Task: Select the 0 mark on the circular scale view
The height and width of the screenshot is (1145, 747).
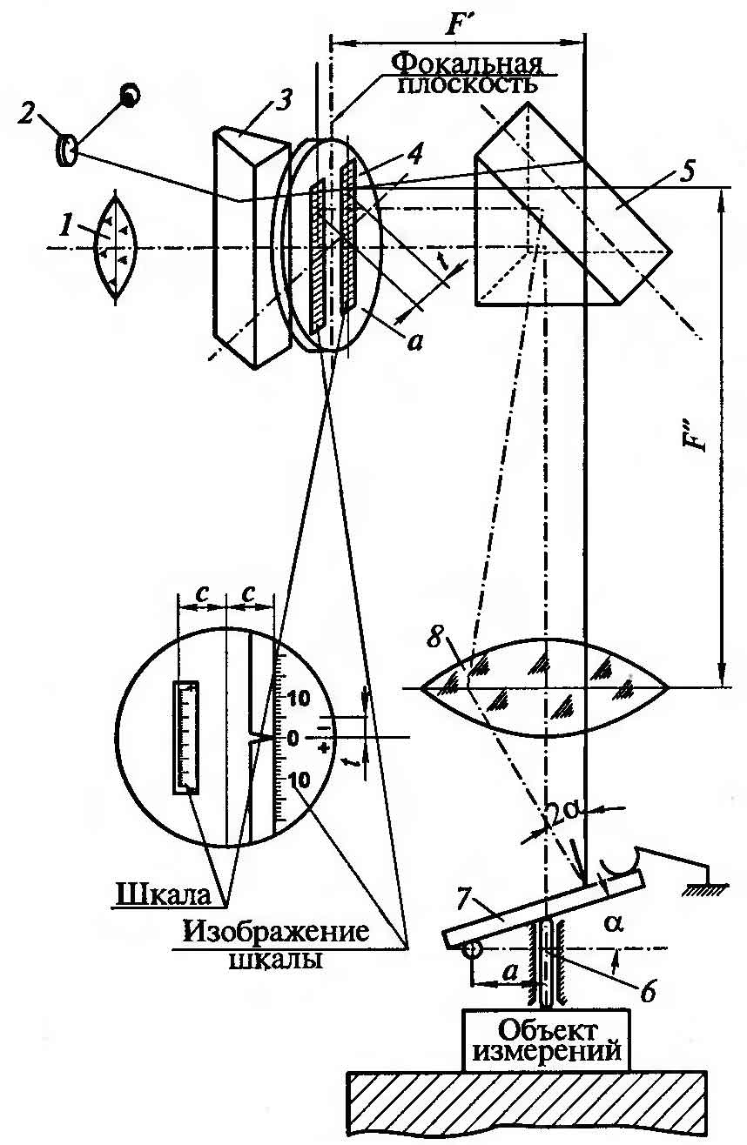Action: (293, 739)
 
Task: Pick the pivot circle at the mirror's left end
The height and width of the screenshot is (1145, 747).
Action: (471, 951)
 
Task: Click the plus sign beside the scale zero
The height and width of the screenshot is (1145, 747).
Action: (325, 748)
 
